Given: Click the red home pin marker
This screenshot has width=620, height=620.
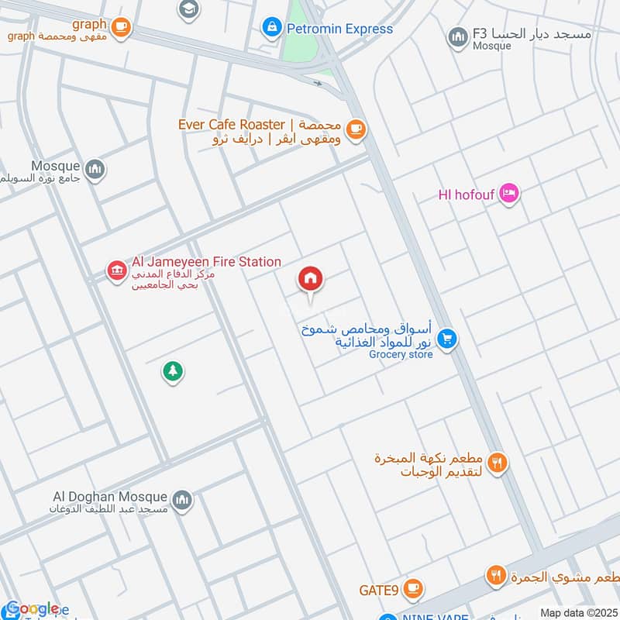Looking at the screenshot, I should click(311, 279).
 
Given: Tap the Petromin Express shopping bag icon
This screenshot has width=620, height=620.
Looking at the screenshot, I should click(271, 29).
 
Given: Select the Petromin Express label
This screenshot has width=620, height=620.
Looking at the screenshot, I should click(340, 29).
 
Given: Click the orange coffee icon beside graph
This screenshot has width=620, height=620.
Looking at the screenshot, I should click(120, 27).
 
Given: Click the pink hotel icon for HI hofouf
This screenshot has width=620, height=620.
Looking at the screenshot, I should click(508, 192).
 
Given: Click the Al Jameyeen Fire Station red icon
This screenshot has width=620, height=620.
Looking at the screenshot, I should click(116, 271).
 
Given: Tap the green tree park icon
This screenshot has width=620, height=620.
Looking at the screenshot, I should click(172, 372).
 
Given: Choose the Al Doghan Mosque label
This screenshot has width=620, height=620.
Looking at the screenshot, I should click(119, 497).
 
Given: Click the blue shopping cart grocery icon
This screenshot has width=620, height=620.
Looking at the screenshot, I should click(445, 339).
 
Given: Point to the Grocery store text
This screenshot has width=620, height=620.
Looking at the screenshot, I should click(400, 355).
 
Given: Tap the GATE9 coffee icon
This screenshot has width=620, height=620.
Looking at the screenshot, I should click(413, 591).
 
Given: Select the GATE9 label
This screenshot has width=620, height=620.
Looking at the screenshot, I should click(378, 591).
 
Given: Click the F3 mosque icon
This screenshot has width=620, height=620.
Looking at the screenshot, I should click(457, 36).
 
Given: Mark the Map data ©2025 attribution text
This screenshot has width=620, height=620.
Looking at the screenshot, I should click(577, 613).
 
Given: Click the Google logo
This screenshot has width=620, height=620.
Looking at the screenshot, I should click(32, 609).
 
